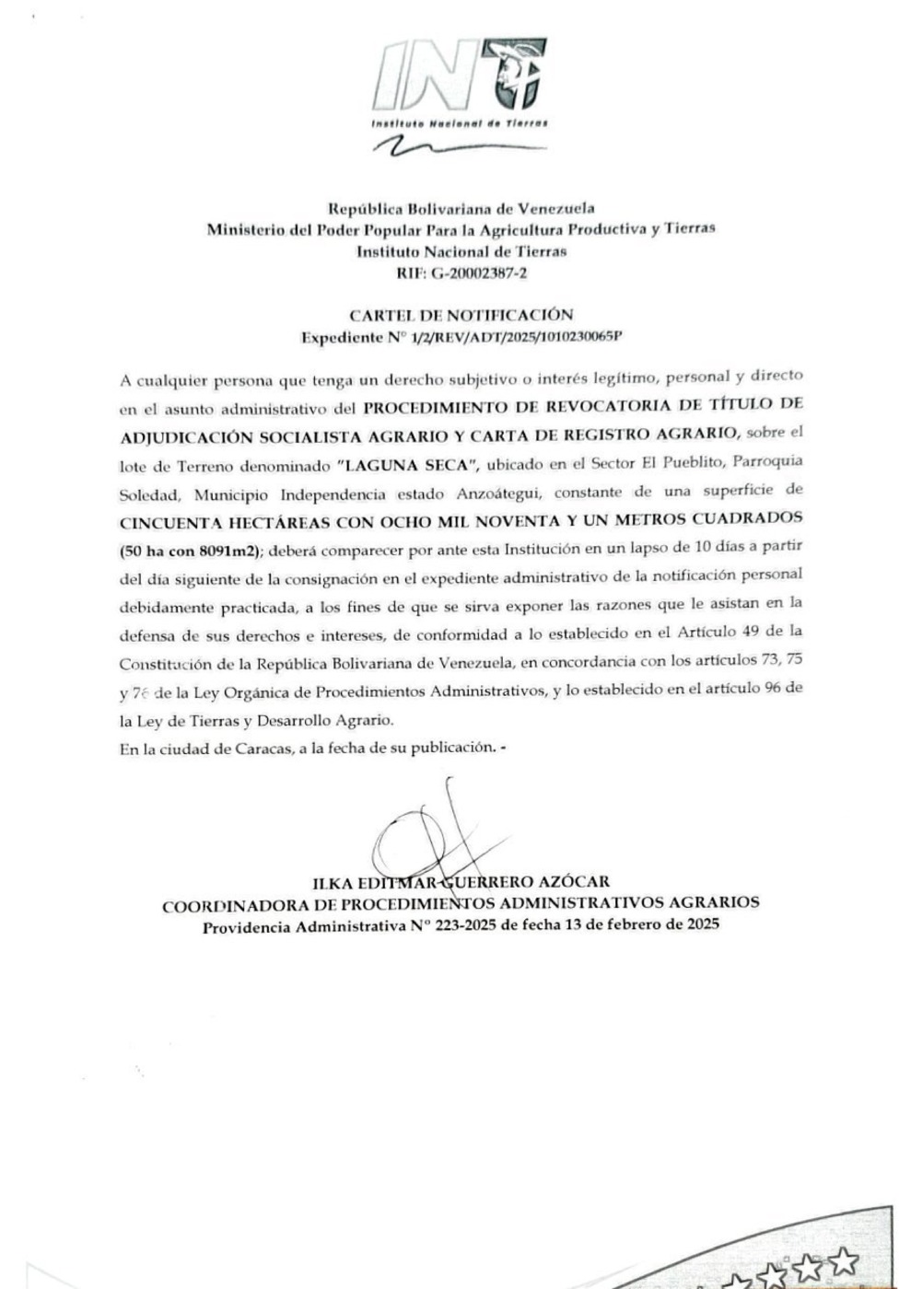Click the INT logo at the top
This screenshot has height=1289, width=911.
coord(460,84)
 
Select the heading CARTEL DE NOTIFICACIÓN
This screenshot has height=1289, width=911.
coord(461,315)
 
